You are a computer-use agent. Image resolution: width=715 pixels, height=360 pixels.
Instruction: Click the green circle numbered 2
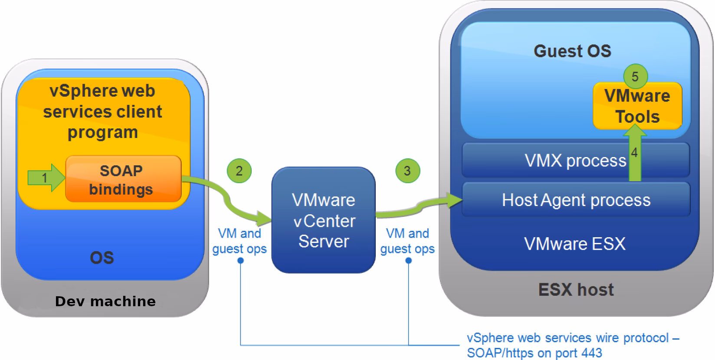click(239, 170)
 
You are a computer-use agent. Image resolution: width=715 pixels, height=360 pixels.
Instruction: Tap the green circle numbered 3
click(407, 170)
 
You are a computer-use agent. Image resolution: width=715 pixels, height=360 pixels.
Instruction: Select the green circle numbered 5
click(635, 77)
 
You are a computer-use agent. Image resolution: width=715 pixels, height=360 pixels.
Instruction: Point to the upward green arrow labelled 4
click(635, 154)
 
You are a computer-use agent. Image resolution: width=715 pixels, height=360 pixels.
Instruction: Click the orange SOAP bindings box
click(123, 179)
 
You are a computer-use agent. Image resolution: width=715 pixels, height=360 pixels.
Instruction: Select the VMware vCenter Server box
click(323, 220)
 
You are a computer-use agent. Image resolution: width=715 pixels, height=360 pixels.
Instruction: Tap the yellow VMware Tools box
click(637, 106)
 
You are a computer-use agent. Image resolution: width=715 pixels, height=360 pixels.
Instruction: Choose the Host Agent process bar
click(576, 200)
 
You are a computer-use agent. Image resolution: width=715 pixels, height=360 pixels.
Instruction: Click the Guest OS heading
click(572, 51)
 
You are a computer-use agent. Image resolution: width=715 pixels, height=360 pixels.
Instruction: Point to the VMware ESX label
click(575, 244)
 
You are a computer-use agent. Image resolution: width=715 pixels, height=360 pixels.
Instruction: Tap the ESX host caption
click(576, 290)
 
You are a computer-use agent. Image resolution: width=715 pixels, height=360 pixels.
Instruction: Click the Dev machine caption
click(105, 301)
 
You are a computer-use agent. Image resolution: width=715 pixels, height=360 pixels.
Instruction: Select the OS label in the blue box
click(102, 258)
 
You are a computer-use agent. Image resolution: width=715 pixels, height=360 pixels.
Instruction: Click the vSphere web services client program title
click(102, 111)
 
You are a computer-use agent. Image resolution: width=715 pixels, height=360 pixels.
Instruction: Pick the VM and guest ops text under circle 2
click(239, 241)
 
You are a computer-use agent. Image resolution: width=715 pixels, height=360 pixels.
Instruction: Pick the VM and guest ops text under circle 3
click(407, 241)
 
